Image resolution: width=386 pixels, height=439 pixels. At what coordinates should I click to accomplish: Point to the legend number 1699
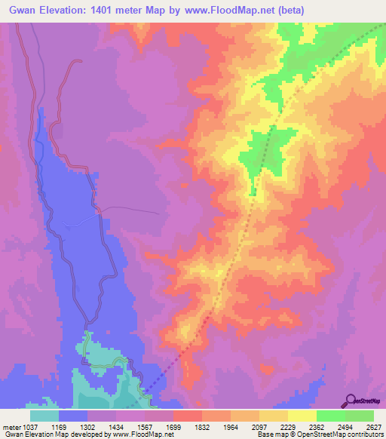point(173,427)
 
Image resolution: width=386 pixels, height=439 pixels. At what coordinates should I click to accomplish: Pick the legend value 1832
point(202,427)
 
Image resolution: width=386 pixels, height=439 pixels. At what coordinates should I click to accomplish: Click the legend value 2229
point(288,427)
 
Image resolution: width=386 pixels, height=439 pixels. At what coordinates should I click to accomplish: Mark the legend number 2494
point(345,427)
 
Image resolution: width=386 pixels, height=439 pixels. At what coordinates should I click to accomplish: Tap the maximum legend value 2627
point(373,427)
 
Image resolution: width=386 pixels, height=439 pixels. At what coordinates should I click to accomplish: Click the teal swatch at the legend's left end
point(44,416)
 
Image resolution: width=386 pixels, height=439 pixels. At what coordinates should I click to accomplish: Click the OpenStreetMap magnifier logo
point(350,400)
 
